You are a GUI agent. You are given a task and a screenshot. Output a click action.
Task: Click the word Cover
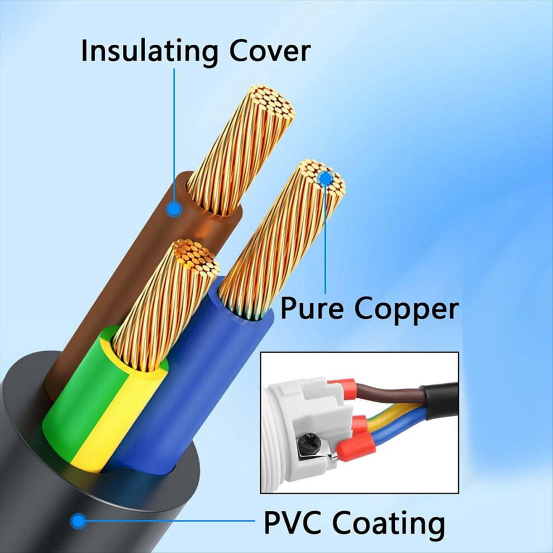point(270,51)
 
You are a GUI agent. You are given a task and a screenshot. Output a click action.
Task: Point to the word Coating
point(388,526)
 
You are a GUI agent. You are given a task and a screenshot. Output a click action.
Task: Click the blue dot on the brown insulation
point(174,209)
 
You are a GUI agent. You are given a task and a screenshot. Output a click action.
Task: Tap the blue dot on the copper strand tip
point(326,178)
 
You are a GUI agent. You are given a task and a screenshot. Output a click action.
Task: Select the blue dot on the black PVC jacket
point(78,521)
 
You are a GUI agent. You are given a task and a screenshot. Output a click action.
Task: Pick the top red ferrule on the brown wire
point(342,388)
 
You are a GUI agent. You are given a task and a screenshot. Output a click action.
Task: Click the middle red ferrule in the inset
point(360,425)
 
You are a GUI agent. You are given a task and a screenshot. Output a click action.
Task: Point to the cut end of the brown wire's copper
point(271,103)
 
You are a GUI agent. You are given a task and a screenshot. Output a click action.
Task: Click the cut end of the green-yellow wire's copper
point(195,258)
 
